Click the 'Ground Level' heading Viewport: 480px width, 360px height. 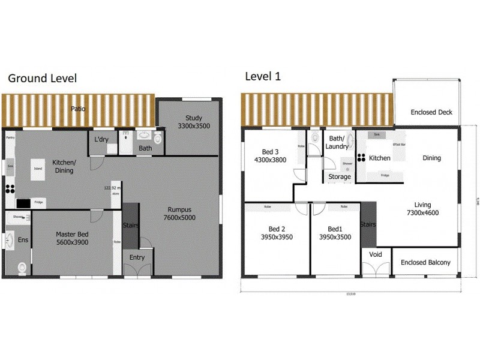[41, 78]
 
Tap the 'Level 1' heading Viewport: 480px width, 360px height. [262, 76]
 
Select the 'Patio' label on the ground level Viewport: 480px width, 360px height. [77, 109]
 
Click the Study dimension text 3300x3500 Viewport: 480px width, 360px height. [190, 127]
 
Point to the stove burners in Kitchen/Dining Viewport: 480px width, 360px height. [10, 188]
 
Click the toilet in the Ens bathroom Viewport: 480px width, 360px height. [22, 267]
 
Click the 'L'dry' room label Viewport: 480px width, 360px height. [101, 140]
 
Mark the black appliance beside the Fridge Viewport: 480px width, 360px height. [23, 203]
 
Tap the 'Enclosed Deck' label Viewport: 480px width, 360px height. [431, 112]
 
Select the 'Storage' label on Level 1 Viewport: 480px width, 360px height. [339, 177]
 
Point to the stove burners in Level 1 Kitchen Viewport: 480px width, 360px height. [362, 158]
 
